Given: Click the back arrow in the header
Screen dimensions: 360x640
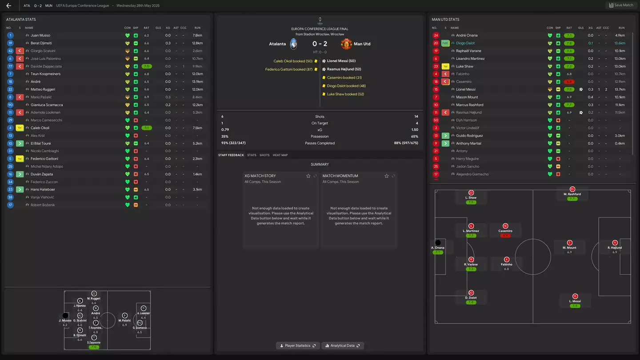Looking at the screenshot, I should click(9, 6).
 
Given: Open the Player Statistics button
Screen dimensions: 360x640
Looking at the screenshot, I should click(298, 345).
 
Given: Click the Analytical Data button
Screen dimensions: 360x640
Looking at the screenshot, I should click(342, 345).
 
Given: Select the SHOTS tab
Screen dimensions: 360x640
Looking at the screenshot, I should click(264, 155).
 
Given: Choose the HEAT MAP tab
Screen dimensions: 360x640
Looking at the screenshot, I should click(280, 155).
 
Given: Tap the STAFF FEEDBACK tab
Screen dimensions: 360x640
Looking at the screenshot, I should click(231, 155).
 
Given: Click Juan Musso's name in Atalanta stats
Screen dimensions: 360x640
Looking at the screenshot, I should click(40, 36).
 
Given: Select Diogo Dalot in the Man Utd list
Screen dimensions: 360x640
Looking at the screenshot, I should click(465, 43).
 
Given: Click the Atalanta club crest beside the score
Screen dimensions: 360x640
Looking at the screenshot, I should click(293, 44).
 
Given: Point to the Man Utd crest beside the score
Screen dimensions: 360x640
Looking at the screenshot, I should click(346, 44).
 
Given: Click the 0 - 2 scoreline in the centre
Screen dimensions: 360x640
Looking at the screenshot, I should click(320, 44).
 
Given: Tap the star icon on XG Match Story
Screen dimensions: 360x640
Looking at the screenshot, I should click(308, 176).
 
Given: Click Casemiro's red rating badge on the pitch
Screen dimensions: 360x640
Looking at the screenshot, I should click(505, 236).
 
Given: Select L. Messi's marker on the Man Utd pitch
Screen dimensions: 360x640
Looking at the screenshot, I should click(575, 296).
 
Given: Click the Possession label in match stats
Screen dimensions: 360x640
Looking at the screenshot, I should click(320, 136).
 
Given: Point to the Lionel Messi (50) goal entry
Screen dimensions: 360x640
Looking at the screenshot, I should click(341, 61).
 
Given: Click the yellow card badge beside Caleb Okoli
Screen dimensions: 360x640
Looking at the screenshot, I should click(20, 128).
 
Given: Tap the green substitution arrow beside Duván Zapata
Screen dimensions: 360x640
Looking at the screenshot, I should click(20, 174).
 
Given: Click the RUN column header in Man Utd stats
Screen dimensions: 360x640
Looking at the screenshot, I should click(621, 28).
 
